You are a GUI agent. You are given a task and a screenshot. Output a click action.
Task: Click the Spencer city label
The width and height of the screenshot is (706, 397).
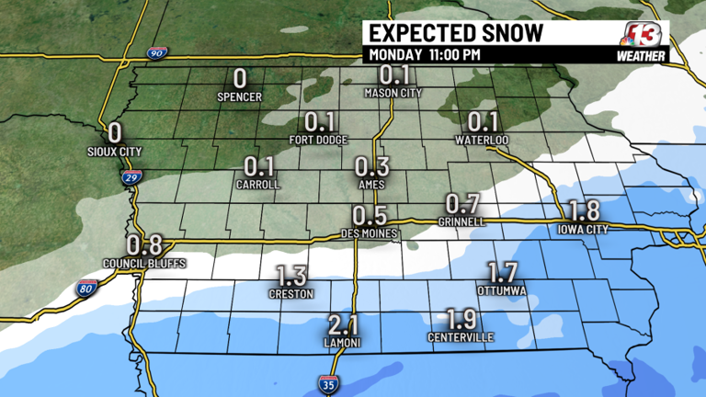tap(240, 96)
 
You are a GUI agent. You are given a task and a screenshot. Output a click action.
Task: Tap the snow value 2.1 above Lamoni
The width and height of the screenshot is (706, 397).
tap(342, 325)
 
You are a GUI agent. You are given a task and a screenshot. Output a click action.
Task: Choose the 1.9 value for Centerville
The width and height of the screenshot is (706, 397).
tap(461, 320)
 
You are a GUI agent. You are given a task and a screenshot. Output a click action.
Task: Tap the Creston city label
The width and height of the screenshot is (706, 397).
tap(291, 294)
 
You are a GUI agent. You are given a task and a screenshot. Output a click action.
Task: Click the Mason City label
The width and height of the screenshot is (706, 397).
tap(393, 92)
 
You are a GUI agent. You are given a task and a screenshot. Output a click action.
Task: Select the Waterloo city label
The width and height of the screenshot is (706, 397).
tap(483, 140)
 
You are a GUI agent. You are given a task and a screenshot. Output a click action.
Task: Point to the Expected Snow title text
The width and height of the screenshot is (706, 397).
tap(455, 33)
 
